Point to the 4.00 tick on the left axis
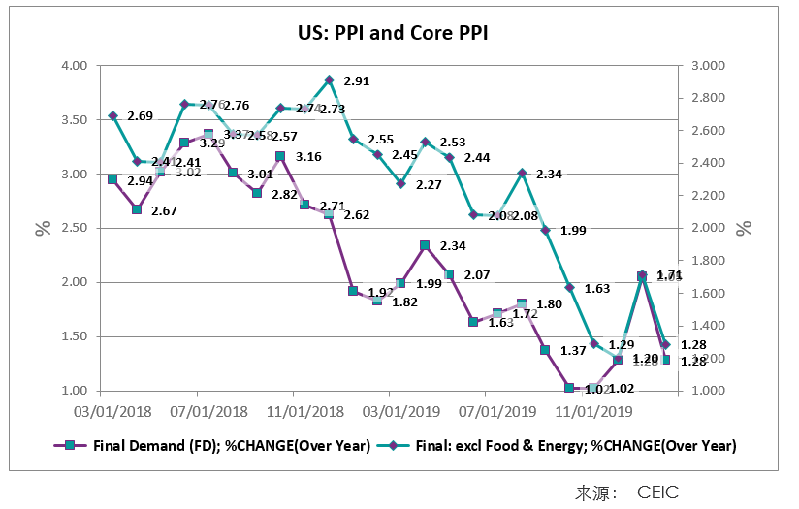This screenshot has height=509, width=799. point(75,66)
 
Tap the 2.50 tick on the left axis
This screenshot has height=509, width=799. point(75,228)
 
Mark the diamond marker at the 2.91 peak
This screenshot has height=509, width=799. point(329,80)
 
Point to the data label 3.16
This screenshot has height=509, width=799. point(308,157)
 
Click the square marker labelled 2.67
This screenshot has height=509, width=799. point(137,209)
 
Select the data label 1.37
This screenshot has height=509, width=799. point(573,350)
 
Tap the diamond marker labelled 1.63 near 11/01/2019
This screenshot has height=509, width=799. point(570,288)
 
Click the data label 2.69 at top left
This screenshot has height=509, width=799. point(140,116)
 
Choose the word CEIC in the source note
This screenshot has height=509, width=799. point(657,493)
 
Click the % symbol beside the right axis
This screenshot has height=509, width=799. point(744,229)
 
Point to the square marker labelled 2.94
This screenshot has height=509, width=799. point(112,179)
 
